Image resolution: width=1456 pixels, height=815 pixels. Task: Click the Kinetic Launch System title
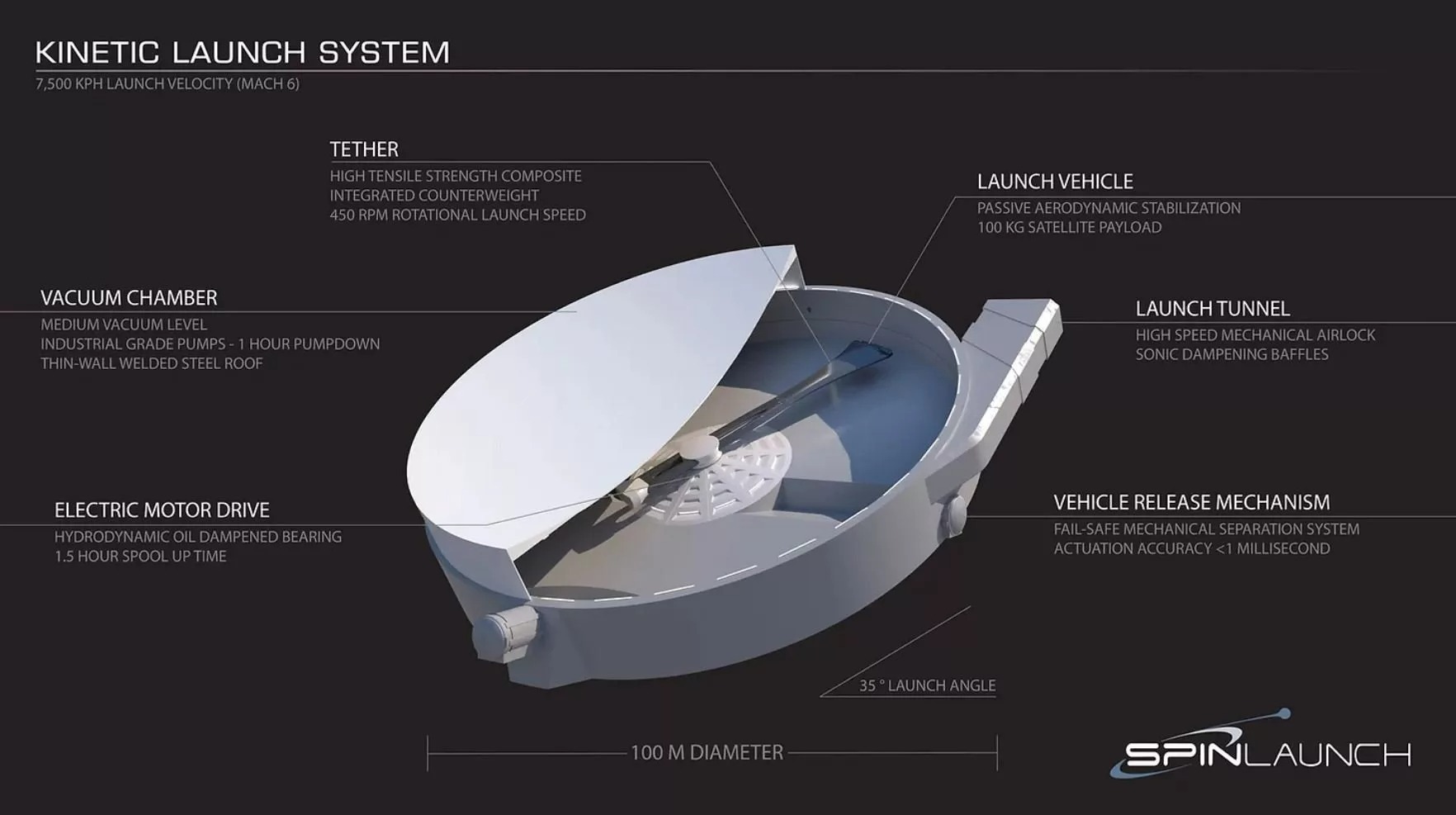point(243,52)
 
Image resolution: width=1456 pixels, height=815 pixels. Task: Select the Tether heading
point(364,149)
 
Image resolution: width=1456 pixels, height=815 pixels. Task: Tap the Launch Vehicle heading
point(1055,182)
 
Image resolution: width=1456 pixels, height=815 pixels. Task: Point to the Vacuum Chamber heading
point(129,298)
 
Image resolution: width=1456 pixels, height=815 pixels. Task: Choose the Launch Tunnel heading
point(1212,309)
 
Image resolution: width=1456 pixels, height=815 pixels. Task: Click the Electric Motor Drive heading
point(162,510)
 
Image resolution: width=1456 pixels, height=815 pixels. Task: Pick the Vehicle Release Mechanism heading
point(1191,503)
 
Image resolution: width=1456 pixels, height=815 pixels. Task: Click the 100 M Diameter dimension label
point(707,753)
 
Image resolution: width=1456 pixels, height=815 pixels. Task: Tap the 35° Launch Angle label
point(927,685)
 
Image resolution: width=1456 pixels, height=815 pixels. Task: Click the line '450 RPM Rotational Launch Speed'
point(457,216)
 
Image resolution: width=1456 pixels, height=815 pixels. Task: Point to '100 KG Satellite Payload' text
point(1069,228)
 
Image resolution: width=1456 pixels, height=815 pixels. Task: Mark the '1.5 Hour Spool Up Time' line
point(140,557)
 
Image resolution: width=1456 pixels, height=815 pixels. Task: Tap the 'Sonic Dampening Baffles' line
point(1231,355)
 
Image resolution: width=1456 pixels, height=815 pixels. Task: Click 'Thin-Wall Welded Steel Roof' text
point(152,364)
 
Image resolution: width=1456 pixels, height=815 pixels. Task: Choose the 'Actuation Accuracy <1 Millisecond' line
point(1191,549)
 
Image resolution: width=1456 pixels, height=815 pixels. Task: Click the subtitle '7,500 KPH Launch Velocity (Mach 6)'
point(167,84)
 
